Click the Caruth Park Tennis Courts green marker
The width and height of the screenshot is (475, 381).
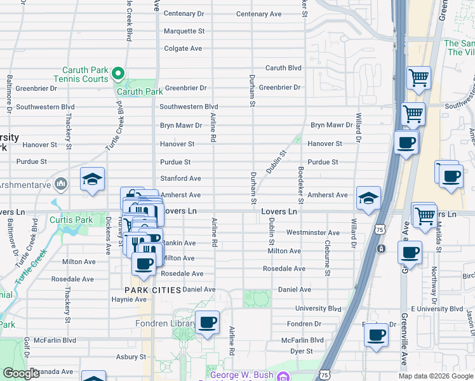(117, 74)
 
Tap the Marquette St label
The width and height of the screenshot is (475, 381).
(184, 30)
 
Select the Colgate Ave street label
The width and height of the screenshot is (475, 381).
(183, 48)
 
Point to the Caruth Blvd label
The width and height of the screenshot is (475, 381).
(283, 68)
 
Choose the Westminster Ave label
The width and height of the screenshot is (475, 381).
(312, 233)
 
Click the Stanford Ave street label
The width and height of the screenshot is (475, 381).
(180, 179)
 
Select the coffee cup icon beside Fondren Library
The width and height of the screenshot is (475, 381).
(207, 323)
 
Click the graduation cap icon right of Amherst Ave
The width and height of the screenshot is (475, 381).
(368, 198)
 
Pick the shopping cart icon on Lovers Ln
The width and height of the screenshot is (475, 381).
(424, 215)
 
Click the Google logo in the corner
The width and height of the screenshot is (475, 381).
(21, 374)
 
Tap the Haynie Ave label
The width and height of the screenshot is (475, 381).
(129, 300)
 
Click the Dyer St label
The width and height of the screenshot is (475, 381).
(301, 351)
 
